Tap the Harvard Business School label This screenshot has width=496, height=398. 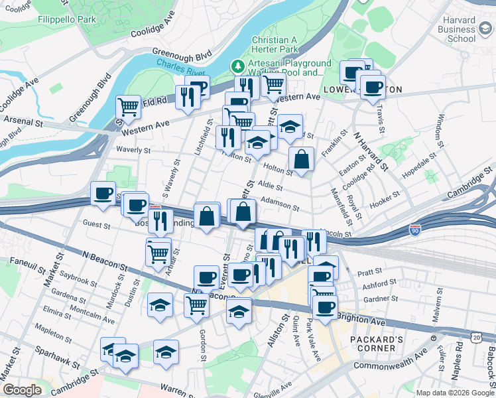tap(458, 29)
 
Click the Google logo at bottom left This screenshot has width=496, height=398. tap(22, 389)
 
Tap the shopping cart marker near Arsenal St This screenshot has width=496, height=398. tap(128, 106)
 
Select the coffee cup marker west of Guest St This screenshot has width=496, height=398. tap(103, 193)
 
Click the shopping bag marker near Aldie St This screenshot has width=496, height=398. tap(301, 160)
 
